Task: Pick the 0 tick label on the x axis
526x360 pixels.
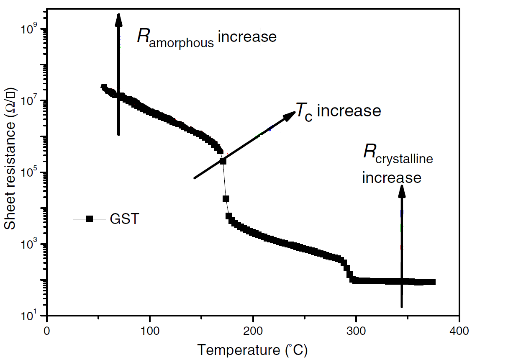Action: [47, 331]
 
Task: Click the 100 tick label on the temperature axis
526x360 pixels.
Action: [150, 331]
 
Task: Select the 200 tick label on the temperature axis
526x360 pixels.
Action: [253, 331]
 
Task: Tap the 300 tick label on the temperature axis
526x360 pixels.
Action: [356, 331]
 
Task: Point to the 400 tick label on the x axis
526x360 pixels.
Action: [459, 331]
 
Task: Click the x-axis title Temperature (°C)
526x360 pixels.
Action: [252, 350]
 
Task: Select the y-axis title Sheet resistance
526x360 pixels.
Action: [10, 159]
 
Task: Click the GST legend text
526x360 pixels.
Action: [124, 219]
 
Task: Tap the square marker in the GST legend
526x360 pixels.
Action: [89, 219]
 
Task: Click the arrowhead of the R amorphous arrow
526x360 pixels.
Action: [118, 19]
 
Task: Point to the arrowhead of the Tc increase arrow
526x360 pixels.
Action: [290, 116]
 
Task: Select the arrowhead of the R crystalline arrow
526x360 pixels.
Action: [402, 190]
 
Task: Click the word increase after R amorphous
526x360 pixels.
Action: [247, 37]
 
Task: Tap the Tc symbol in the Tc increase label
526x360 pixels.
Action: [304, 111]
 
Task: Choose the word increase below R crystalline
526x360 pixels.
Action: [392, 177]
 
